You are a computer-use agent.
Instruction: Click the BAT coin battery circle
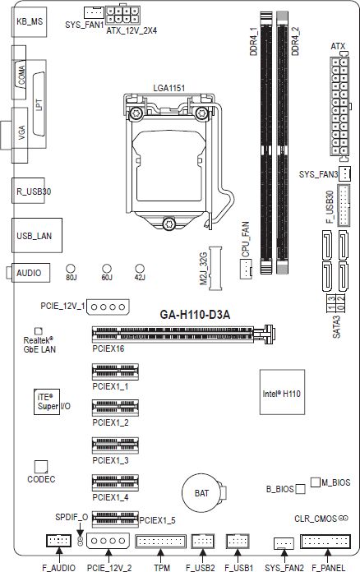[x=201, y=494]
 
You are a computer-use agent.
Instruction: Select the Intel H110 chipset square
[x=282, y=392]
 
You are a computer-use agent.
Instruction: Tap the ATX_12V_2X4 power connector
[x=123, y=15]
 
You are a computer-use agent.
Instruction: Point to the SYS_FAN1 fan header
[x=94, y=13]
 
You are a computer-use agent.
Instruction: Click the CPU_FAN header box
[x=247, y=270]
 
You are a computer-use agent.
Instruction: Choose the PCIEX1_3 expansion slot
[x=115, y=445]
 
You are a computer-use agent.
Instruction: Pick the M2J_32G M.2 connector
[x=215, y=268]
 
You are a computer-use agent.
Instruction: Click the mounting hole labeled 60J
[x=107, y=269]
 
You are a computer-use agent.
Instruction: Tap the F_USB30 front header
[x=344, y=205]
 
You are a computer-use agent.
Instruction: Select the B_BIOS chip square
[x=300, y=489]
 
